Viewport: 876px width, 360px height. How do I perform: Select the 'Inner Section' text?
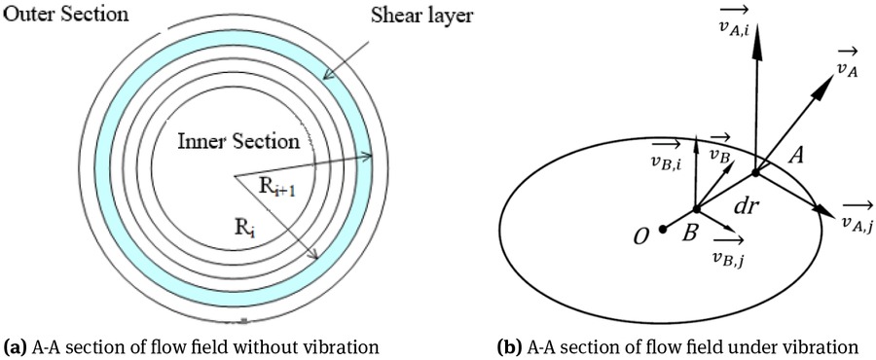coord(237,141)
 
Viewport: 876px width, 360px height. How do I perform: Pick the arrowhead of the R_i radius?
coord(315,256)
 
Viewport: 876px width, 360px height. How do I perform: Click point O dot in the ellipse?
coord(662,230)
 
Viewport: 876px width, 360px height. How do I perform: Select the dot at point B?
coord(697,210)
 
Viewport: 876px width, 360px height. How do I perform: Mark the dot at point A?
coord(755,174)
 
